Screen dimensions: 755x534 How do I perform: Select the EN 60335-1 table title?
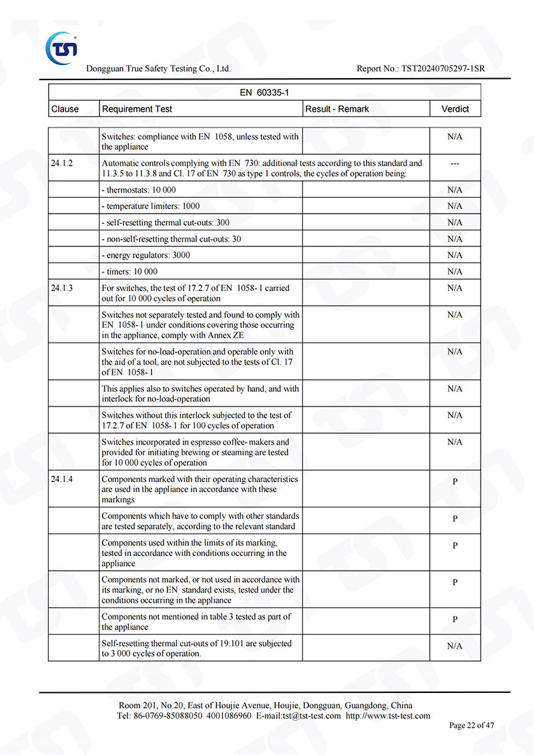(264, 92)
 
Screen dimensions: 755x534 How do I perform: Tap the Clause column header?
(65, 109)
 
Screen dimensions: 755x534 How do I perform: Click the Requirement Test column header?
(137, 109)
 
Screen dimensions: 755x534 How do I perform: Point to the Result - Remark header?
(337, 109)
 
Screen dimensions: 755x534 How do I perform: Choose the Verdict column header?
(455, 109)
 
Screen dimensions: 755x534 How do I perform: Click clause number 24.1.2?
(61, 163)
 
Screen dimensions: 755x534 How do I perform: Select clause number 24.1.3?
(61, 288)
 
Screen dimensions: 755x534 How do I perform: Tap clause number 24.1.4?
(61, 479)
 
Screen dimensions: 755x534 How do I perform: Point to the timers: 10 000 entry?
(129, 272)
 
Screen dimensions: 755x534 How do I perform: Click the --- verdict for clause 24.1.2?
(455, 164)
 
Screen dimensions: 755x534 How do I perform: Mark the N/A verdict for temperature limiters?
(455, 206)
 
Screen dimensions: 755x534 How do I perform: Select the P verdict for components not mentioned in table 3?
(455, 619)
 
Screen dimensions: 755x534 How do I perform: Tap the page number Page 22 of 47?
(472, 726)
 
